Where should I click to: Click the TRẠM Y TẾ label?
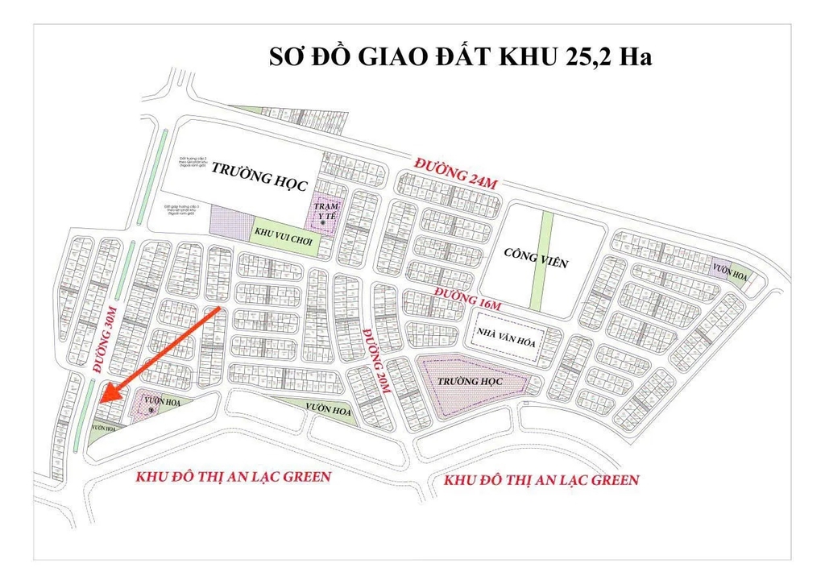click(327, 210)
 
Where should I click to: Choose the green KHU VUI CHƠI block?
click(284, 233)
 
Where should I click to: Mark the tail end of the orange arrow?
click(220, 308)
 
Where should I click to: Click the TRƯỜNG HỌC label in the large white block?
click(259, 175)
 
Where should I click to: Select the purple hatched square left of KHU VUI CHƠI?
click(230, 220)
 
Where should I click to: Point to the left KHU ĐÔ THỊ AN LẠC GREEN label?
click(234, 476)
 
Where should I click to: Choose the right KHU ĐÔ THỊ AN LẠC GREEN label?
click(541, 480)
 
